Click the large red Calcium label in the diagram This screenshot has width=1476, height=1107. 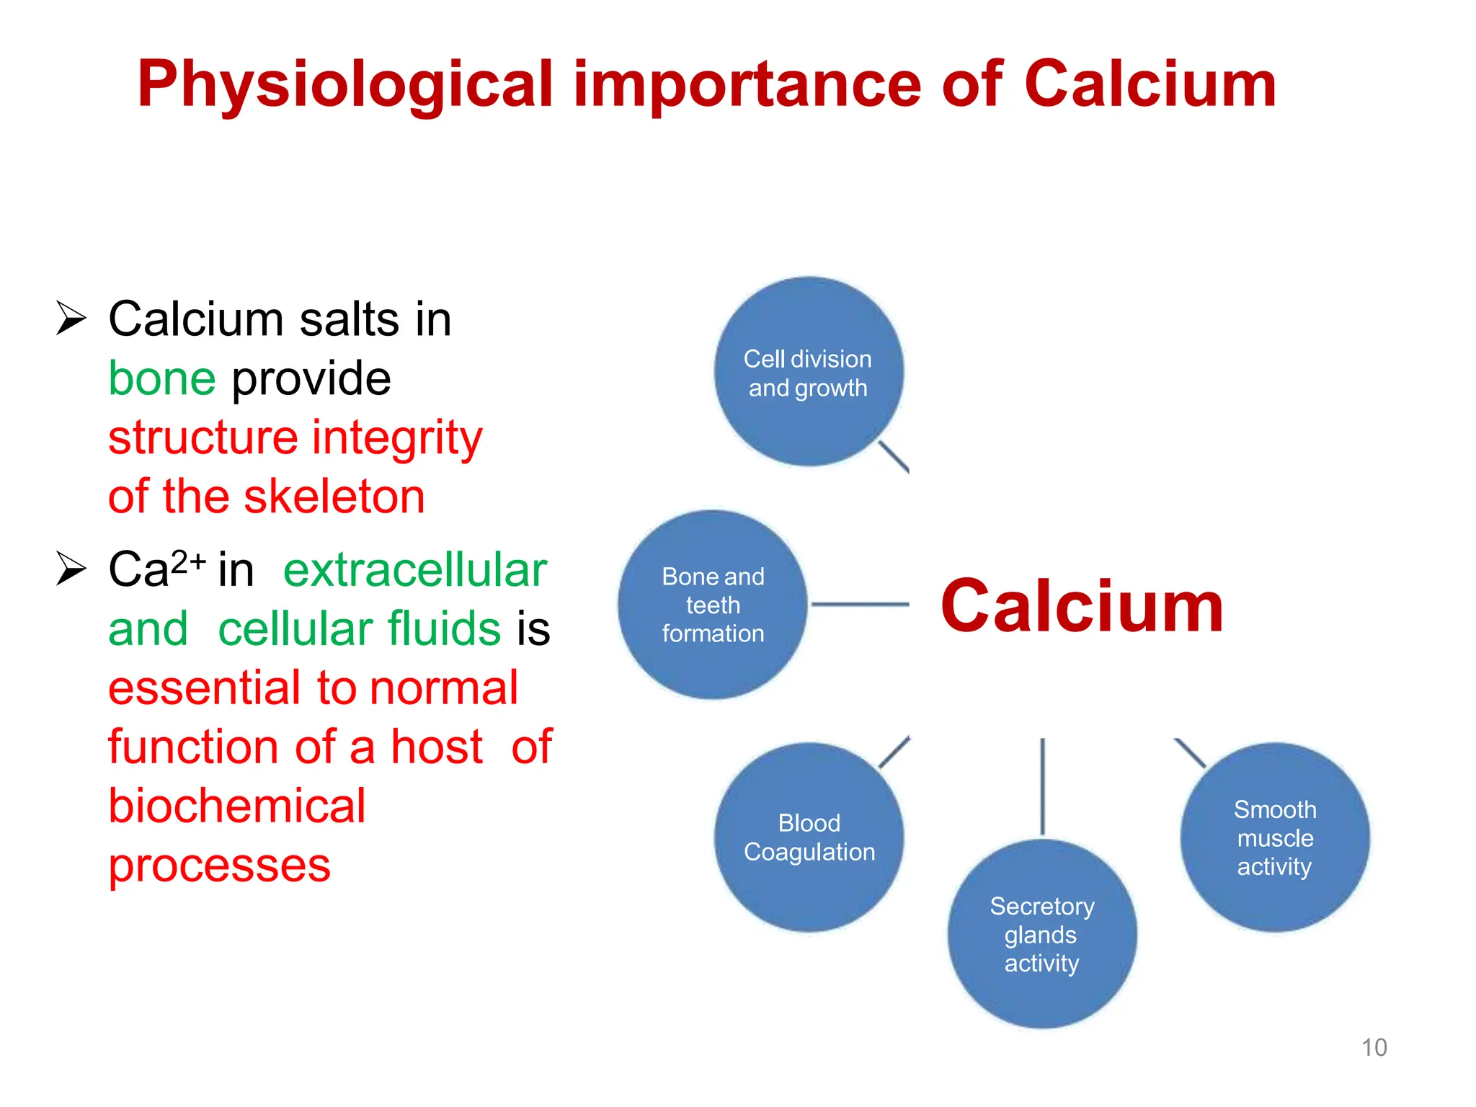click(x=1081, y=607)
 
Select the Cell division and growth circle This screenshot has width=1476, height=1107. click(x=809, y=372)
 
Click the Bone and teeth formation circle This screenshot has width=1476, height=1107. click(x=713, y=605)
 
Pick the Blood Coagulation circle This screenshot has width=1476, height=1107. click(x=809, y=837)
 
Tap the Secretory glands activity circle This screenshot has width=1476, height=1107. click(x=1042, y=934)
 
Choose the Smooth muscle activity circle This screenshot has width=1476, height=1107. click(x=1275, y=837)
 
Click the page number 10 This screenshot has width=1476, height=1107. click(x=1374, y=1047)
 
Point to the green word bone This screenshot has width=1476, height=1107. click(x=161, y=378)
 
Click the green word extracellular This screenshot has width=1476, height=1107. click(x=415, y=570)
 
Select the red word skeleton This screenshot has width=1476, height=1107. click(x=334, y=497)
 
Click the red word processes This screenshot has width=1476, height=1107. click(x=219, y=865)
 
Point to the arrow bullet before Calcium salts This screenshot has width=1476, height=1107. click(x=71, y=319)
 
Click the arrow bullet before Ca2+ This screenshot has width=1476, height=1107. click(x=71, y=569)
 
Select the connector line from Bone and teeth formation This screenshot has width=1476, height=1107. click(x=859, y=604)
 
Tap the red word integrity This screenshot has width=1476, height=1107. click(x=397, y=438)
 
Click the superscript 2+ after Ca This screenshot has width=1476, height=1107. click(x=188, y=559)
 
